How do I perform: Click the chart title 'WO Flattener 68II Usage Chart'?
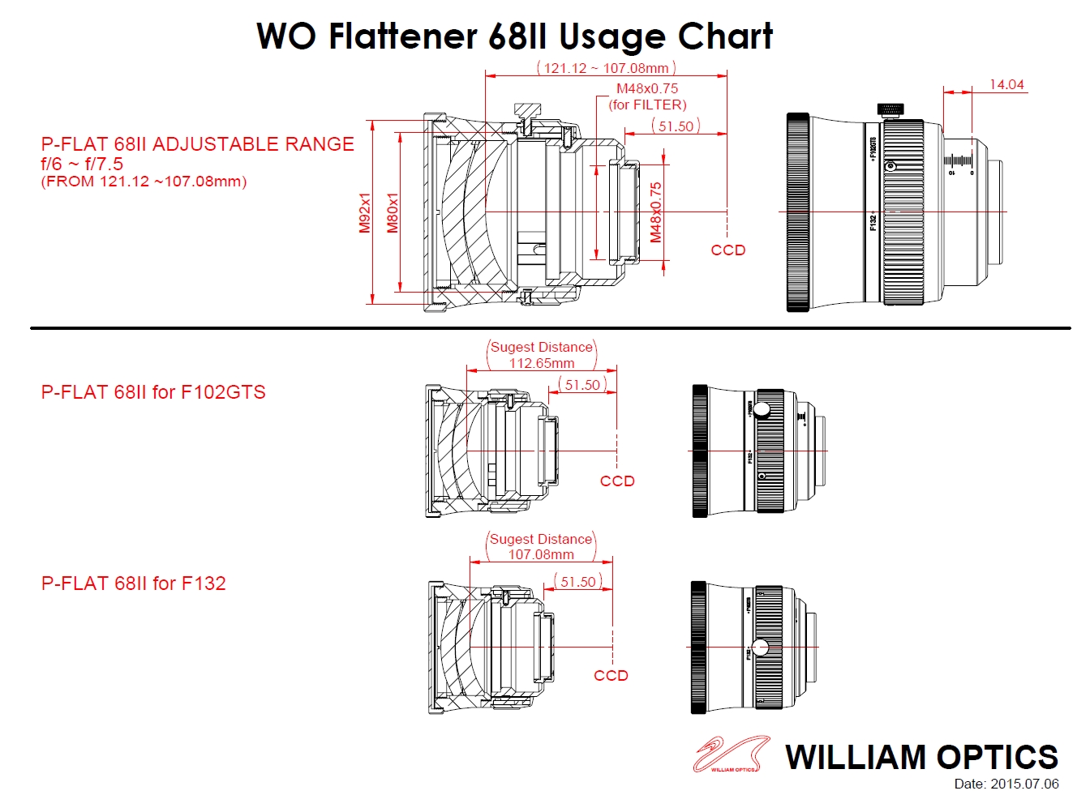[514, 36]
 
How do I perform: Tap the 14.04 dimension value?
[1006, 84]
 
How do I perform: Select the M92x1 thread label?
[365, 212]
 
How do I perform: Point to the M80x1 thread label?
[393, 212]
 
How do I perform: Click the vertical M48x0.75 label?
[656, 212]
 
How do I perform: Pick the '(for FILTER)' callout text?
[648, 105]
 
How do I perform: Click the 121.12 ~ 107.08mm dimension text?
[606, 68]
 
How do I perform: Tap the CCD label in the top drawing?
[727, 250]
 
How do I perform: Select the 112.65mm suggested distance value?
[542, 363]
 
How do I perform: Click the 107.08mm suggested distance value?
[541, 554]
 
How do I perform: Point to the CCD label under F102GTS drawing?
[617, 481]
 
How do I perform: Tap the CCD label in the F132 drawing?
[611, 675]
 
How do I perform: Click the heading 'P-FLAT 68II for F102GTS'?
[153, 392]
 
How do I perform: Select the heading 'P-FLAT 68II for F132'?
[134, 583]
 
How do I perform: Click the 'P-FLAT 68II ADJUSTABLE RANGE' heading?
[198, 144]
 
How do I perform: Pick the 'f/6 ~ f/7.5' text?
[82, 164]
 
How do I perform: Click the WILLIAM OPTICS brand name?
[921, 757]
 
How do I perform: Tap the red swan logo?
[730, 754]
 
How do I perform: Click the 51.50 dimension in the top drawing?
[676, 126]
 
